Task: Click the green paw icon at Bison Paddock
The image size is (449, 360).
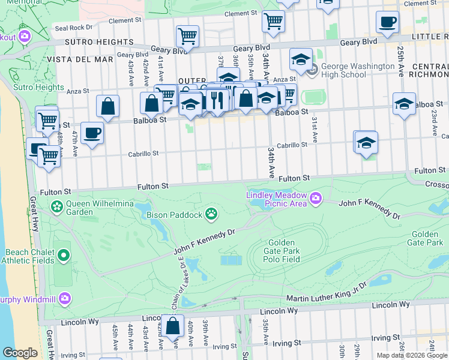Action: point(211,213)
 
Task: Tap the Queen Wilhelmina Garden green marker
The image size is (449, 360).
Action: point(56,208)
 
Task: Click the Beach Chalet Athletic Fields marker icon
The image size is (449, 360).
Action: point(63,256)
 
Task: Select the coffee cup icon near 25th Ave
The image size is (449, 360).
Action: point(387,22)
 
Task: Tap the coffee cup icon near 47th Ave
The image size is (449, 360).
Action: point(92,132)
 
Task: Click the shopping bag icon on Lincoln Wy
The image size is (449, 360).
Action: point(173,326)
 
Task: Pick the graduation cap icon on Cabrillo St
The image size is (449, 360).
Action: point(366,143)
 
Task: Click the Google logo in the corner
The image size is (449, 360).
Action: point(20,353)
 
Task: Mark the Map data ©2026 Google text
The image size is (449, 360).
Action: point(412,355)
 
